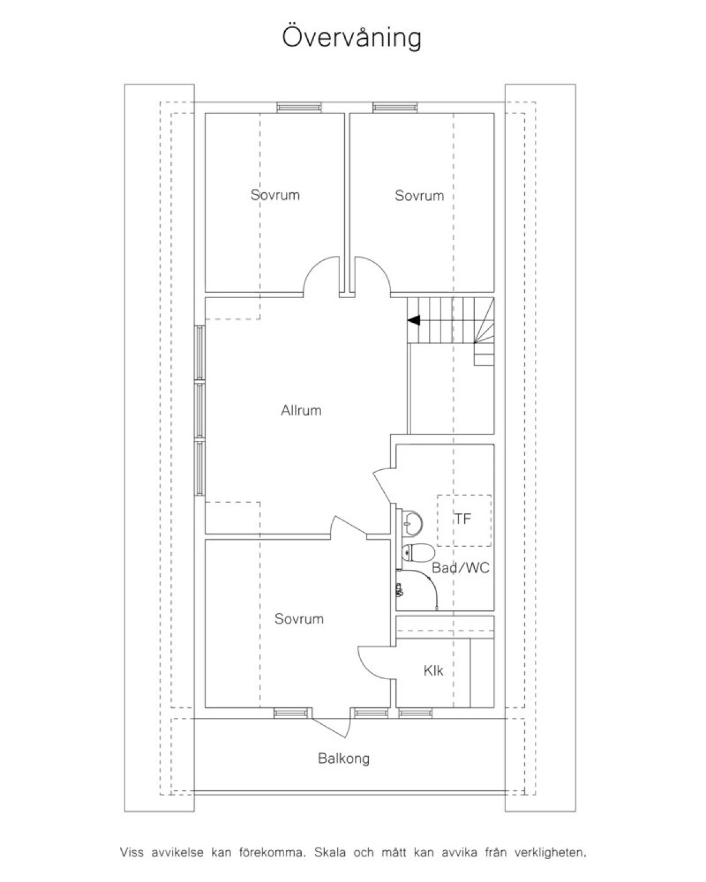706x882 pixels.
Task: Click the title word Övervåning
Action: [x=352, y=38]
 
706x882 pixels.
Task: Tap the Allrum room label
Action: [x=301, y=410]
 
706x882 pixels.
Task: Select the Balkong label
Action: [x=344, y=759]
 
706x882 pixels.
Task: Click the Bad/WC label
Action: [x=461, y=568]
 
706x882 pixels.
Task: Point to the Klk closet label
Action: [x=434, y=671]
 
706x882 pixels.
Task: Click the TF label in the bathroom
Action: [x=463, y=519]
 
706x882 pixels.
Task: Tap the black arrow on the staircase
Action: [x=414, y=320]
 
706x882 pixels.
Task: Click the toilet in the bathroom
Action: [x=418, y=553]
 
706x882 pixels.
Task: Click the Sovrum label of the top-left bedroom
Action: [x=275, y=195]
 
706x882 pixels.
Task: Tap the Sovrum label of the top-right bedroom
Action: [x=419, y=195]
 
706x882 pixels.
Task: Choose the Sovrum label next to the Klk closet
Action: [x=299, y=619]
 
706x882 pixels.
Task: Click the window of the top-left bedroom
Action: [x=299, y=108]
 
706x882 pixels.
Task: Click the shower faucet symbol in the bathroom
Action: [x=398, y=590]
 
